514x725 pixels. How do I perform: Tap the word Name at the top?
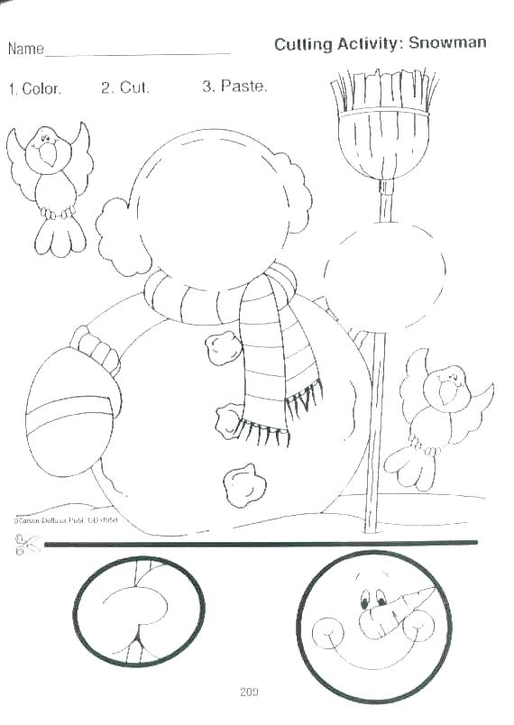point(25,48)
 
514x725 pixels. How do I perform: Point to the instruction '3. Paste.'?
point(234,87)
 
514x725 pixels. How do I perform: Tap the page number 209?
point(250,693)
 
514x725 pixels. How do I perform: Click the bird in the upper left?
point(50,180)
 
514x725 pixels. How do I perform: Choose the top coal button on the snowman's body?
point(222,347)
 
